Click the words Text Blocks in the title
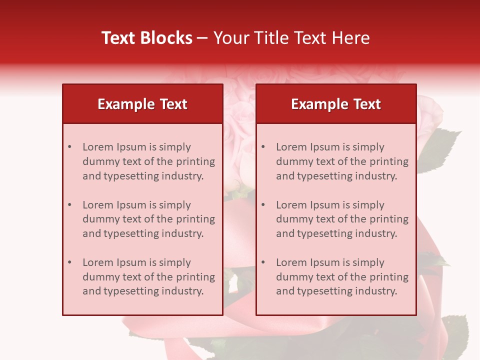point(146,38)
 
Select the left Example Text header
point(142,104)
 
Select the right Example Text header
point(336,104)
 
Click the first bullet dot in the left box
point(69,147)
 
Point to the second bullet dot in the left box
point(69,205)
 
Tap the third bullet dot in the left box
point(69,262)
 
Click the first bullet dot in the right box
point(263,147)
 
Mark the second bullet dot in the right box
point(263,205)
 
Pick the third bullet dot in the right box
point(263,262)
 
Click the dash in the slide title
point(202,38)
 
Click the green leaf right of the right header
point(440,150)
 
